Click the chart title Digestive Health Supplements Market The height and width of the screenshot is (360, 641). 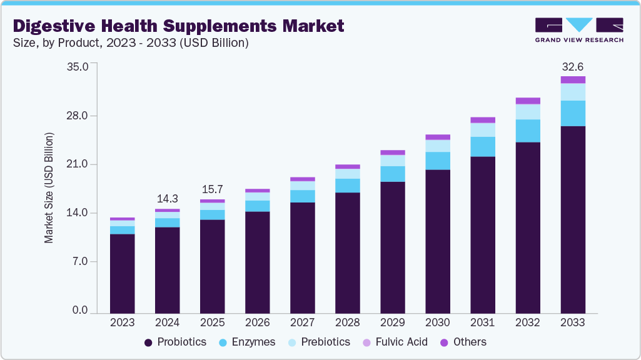pos(178,26)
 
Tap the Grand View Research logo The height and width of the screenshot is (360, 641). pos(578,30)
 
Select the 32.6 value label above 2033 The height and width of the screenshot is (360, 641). pos(572,66)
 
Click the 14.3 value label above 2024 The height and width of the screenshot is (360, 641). pos(167,199)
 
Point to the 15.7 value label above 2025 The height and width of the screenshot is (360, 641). pos(212,189)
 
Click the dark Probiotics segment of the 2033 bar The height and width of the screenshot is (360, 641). pos(572,219)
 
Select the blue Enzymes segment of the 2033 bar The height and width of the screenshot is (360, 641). pos(572,113)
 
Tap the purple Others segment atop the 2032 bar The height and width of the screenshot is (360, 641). pos(527,101)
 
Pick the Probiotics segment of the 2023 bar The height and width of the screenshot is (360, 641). pos(122,273)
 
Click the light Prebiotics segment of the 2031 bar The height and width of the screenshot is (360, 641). pos(482,129)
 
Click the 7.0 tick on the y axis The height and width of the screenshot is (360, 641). pos(81,261)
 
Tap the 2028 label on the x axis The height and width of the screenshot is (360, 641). pos(347,322)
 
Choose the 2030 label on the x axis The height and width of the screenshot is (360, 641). pos(437,322)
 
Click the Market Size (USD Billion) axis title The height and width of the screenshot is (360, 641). pos(49,188)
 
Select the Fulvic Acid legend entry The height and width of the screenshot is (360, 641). pos(395,342)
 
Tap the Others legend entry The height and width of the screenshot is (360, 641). pos(463,342)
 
